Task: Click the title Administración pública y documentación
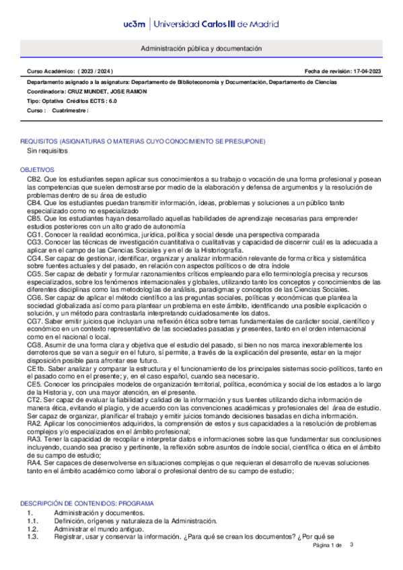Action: click(201, 49)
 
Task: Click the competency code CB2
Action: click(35, 180)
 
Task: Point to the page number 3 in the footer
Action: click(351, 544)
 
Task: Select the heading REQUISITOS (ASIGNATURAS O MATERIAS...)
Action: click(143, 142)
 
